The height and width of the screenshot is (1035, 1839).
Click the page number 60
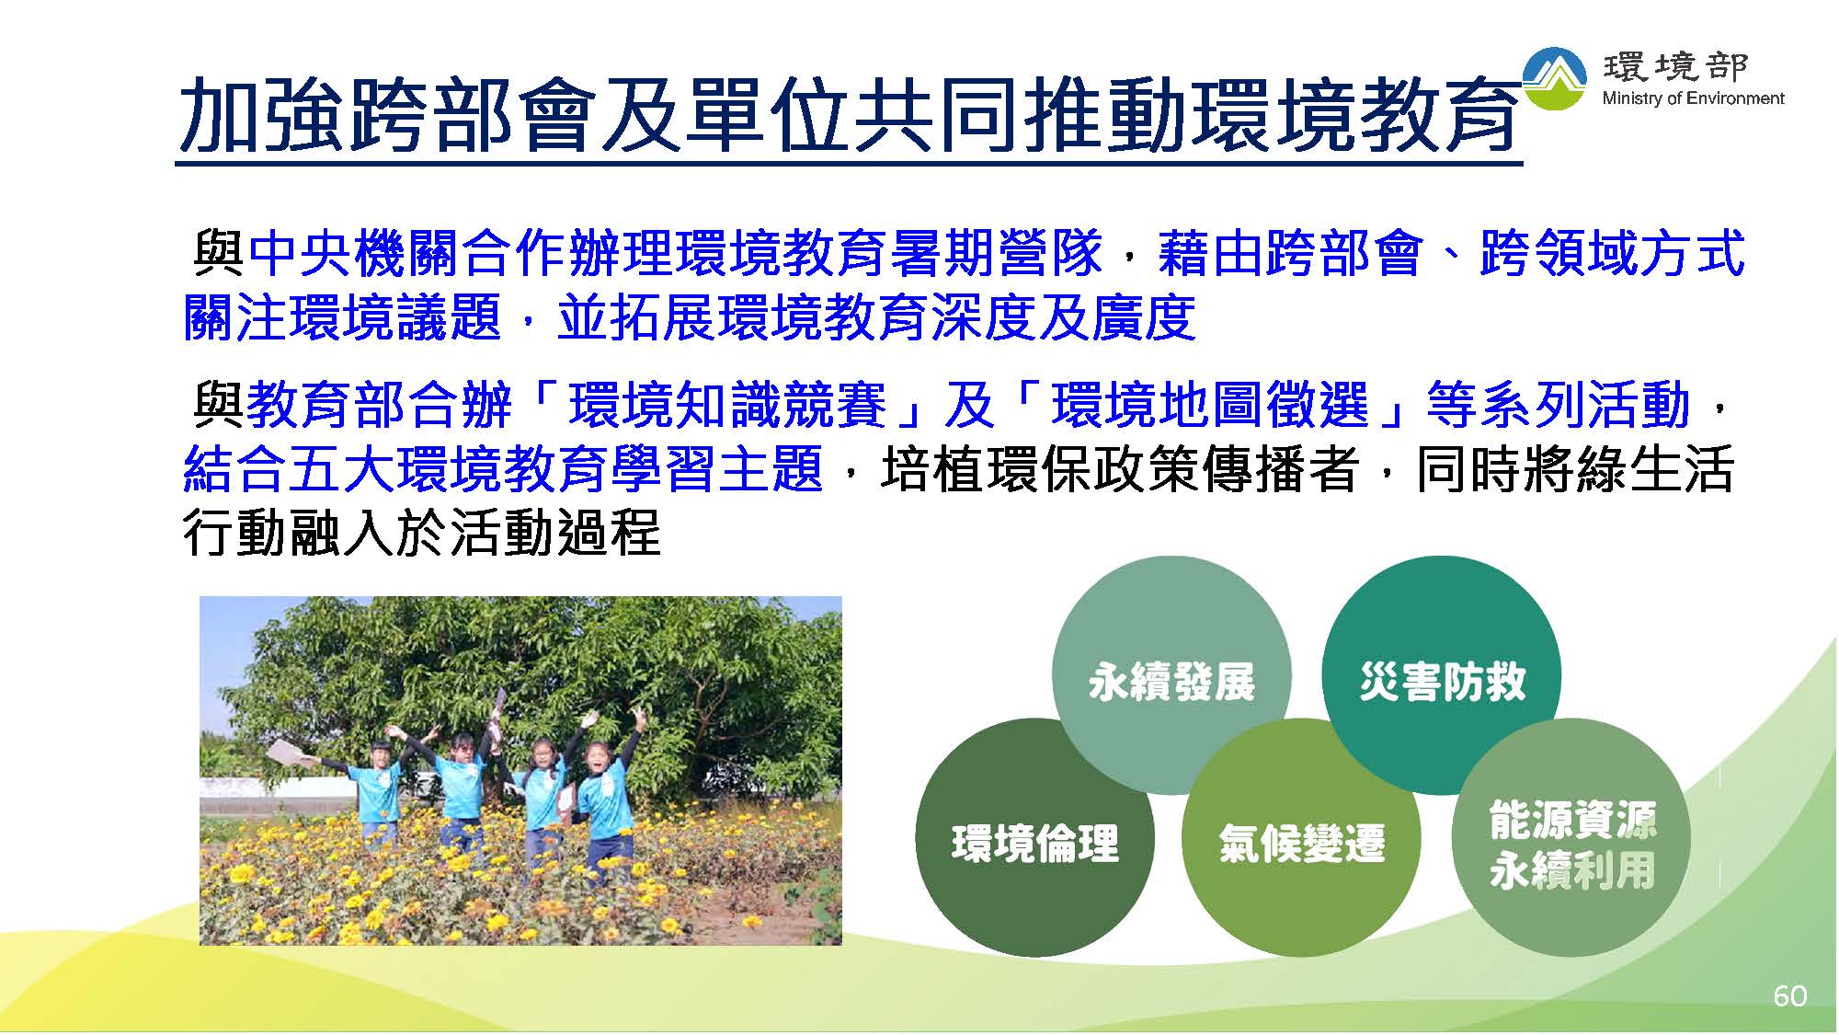coord(1789,995)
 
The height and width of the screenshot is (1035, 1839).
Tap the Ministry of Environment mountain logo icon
coord(1555,79)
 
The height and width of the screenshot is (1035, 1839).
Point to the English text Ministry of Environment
coord(1693,98)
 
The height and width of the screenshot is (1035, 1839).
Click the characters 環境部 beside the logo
coord(1676,66)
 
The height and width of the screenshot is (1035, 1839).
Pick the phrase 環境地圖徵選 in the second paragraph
coord(1210,406)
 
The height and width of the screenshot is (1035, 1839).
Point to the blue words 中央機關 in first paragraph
coord(354,253)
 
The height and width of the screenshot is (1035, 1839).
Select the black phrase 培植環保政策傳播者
coord(1120,468)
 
